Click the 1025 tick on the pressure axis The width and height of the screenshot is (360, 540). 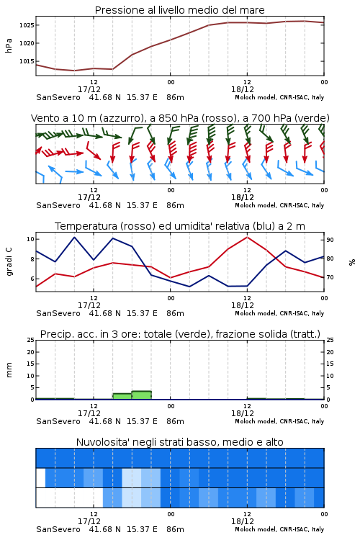[26, 25]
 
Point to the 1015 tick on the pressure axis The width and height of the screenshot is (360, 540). [26, 61]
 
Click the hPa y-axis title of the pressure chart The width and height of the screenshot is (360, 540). [9, 45]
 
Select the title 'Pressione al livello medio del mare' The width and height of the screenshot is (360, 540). [180, 10]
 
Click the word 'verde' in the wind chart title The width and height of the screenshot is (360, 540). [312, 118]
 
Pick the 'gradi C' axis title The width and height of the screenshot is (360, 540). [9, 261]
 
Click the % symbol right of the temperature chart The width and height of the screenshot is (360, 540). [352, 262]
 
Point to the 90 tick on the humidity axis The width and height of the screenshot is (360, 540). [330, 240]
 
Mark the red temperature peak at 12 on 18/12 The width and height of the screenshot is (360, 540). [248, 237]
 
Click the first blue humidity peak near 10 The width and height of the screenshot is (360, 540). [74, 237]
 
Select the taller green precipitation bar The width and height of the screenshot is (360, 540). [142, 395]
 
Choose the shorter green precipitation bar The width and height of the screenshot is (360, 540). [122, 397]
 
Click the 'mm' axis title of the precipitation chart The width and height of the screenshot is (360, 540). [9, 369]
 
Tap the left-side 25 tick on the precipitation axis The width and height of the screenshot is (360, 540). [31, 340]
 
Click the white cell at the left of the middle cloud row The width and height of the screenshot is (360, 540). [40, 477]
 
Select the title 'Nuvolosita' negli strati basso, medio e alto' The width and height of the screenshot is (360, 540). [180, 442]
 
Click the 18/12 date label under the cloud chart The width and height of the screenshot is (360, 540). [243, 521]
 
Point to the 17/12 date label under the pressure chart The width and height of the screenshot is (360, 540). [89, 89]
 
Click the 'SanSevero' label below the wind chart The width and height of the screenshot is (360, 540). [58, 205]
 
